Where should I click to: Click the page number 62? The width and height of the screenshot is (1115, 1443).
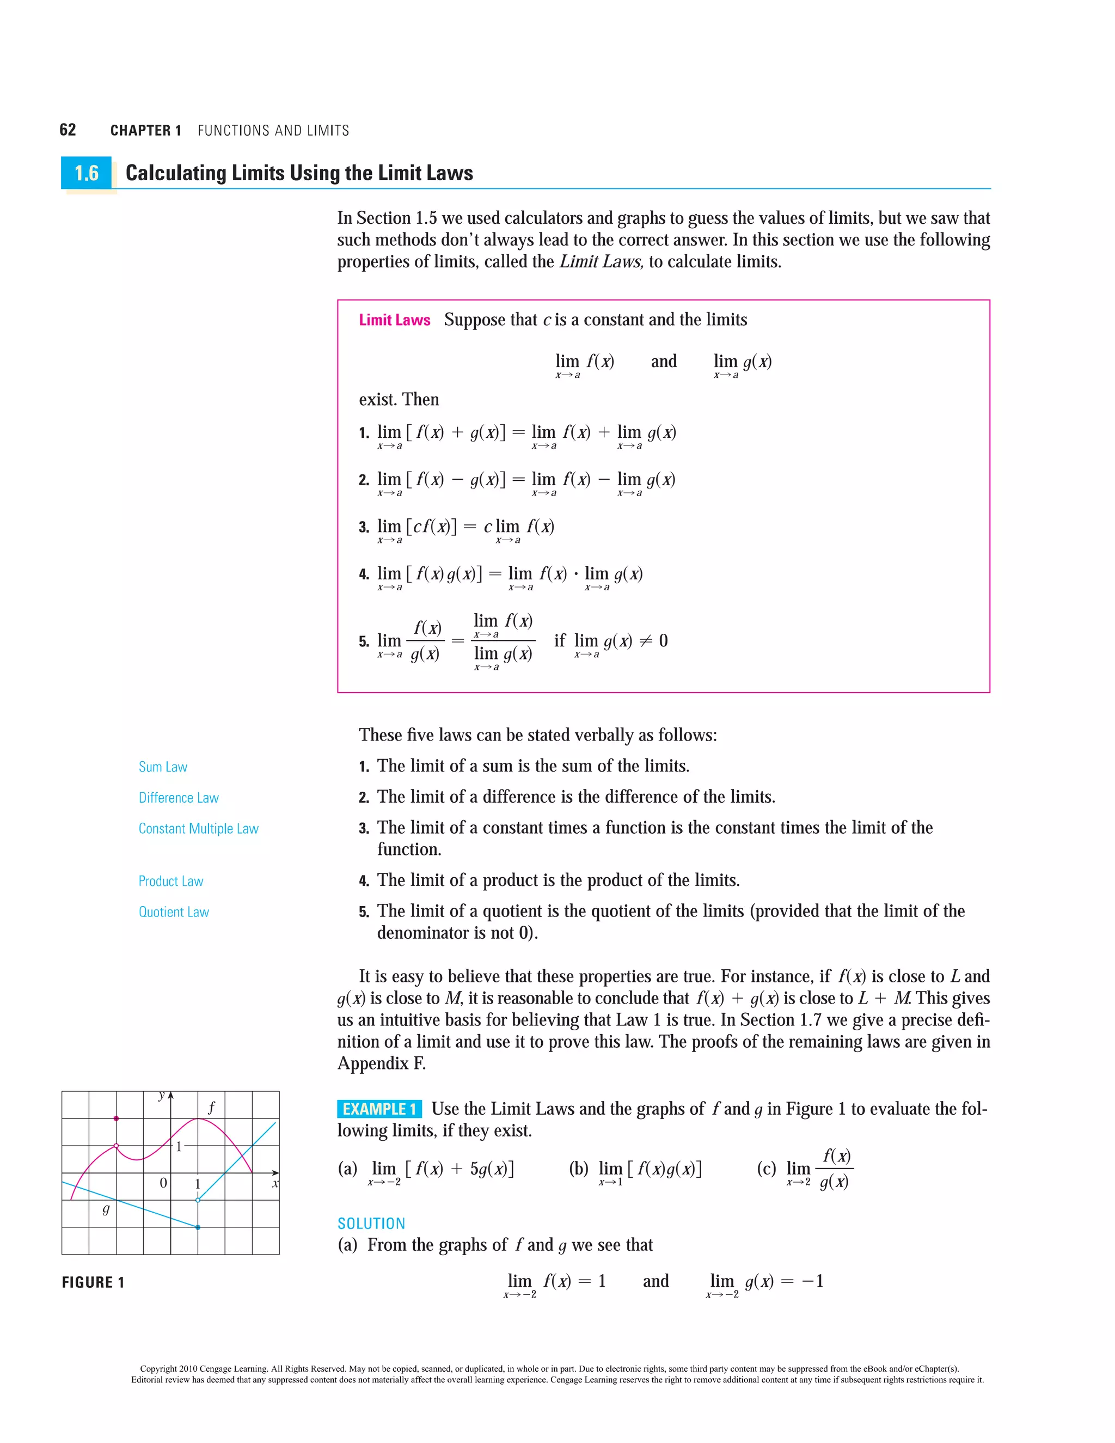(68, 130)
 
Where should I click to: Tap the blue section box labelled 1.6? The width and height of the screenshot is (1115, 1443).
(87, 173)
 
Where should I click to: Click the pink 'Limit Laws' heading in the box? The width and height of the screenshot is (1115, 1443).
(394, 320)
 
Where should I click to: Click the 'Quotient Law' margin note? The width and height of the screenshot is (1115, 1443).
(174, 913)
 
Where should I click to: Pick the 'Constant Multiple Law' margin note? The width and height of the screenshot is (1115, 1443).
(198, 829)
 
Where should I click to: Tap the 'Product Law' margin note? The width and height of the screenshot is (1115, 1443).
(170, 882)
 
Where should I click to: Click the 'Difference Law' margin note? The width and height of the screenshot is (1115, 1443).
(179, 798)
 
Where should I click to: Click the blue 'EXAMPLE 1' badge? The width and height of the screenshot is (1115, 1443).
(379, 1109)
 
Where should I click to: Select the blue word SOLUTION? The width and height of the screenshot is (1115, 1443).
(371, 1224)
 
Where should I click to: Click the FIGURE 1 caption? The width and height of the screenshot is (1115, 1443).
(93, 1282)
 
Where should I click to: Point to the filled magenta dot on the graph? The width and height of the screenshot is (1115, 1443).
(117, 1118)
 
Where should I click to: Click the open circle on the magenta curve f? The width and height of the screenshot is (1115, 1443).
(117, 1146)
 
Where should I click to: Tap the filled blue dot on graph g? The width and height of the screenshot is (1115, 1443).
(198, 1227)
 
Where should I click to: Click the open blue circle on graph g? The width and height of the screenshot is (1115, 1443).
(198, 1200)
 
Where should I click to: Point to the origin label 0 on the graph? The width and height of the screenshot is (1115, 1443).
(163, 1183)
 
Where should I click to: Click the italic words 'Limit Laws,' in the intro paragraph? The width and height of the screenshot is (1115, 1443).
(601, 262)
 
